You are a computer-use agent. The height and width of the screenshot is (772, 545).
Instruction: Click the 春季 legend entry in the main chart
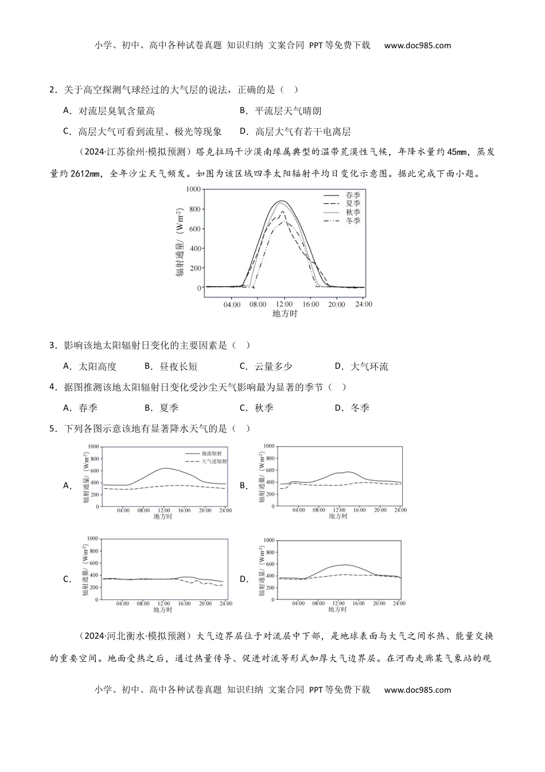(x=352, y=195)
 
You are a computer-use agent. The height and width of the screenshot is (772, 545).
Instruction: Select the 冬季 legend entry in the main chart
(x=352, y=221)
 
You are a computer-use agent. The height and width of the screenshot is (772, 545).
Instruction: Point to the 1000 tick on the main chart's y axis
(x=193, y=189)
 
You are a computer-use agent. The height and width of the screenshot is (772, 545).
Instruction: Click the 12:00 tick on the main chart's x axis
(x=285, y=304)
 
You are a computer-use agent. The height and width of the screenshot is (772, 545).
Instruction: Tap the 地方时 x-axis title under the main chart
(x=285, y=314)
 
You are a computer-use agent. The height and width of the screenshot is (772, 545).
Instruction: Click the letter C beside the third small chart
(x=67, y=579)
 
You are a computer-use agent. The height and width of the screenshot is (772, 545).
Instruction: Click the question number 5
(x=53, y=429)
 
